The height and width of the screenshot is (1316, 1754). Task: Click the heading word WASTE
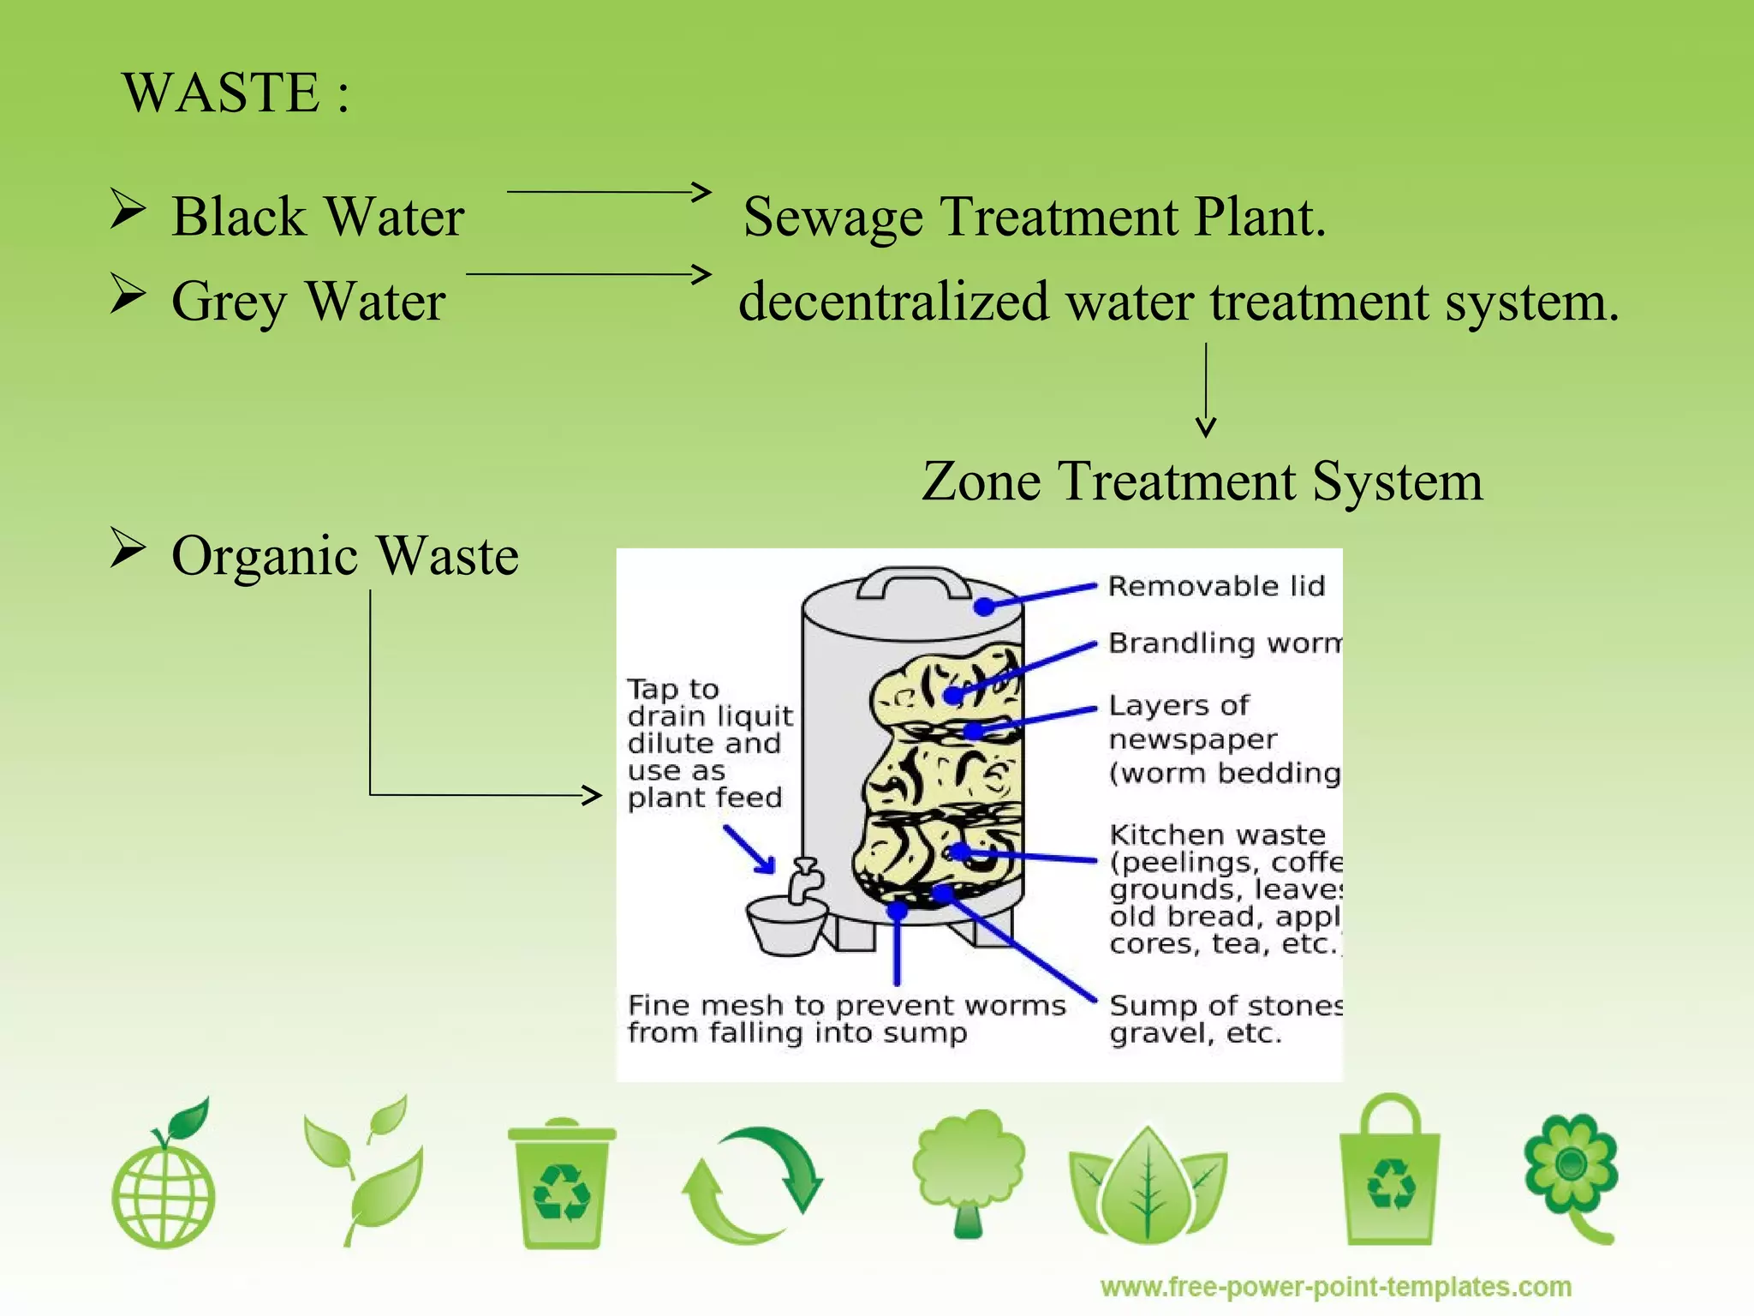221,93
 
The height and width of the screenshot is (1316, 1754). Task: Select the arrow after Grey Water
589,274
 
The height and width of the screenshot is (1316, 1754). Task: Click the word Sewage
832,218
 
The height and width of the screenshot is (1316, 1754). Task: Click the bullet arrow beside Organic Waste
128,548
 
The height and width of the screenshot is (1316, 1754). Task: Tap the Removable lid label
1216,587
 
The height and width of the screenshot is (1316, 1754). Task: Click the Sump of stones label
1225,1019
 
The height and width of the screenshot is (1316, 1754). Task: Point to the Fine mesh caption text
845,1019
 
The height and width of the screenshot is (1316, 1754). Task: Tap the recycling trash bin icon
562,1182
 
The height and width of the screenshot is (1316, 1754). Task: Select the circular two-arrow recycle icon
753,1185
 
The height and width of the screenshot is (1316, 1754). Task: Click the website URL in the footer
1335,1287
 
